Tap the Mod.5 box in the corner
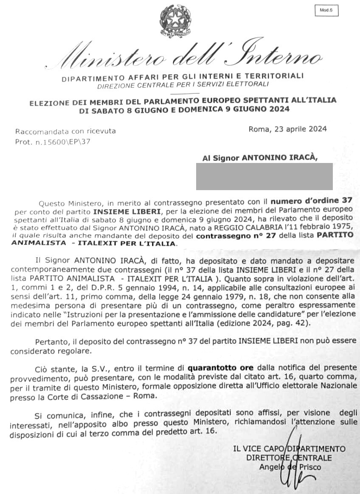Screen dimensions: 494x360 click(326, 10)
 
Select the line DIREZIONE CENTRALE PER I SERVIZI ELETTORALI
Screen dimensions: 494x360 click(183, 84)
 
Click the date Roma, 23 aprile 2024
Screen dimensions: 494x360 click(287, 129)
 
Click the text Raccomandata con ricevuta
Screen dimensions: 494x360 click(65, 131)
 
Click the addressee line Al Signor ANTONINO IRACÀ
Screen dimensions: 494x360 click(260, 158)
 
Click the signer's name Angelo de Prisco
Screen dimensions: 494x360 click(290, 467)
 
